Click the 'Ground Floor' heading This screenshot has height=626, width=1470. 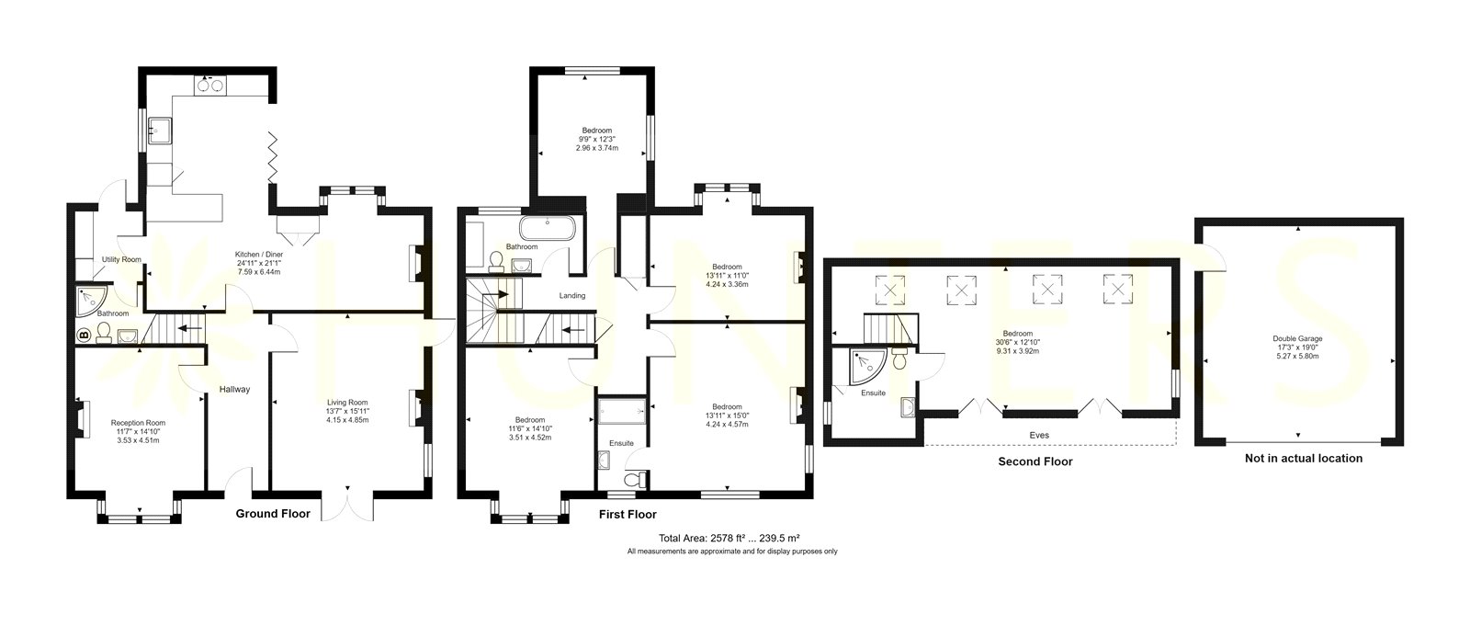(273, 514)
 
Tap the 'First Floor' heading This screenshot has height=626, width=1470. (628, 515)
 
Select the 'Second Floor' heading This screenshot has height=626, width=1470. (1035, 461)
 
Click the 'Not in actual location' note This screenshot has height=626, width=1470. (1304, 459)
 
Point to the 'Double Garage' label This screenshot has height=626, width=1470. (1298, 339)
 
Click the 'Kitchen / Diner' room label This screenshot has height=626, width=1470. (259, 255)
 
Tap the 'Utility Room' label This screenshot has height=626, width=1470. (121, 259)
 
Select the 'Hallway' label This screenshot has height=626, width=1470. (234, 390)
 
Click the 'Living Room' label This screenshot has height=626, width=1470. (348, 403)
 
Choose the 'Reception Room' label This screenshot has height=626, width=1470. (138, 423)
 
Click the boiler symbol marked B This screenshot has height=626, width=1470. (84, 336)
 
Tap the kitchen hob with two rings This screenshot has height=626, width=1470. (210, 85)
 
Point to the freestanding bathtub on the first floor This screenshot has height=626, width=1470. (548, 229)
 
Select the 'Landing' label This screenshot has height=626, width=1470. (572, 296)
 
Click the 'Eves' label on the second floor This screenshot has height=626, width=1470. (1039, 436)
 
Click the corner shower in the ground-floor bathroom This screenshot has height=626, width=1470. (92, 300)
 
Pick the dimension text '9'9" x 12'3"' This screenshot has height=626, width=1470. (596, 139)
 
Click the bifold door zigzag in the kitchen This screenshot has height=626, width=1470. (272, 158)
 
